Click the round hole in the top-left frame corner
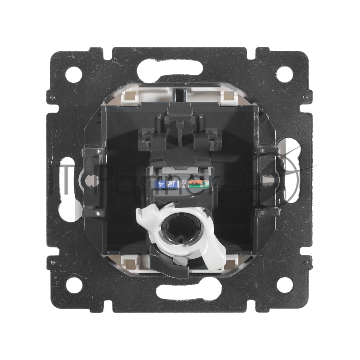click(74, 74)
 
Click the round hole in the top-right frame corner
click(284, 74)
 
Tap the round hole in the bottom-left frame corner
click(74, 285)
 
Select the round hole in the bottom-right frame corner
click(284, 285)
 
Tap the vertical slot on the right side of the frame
click(294, 180)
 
